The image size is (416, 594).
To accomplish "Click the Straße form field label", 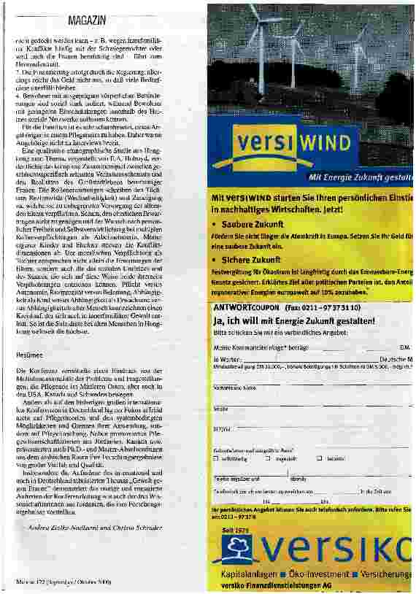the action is pyautogui.click(x=220, y=409).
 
